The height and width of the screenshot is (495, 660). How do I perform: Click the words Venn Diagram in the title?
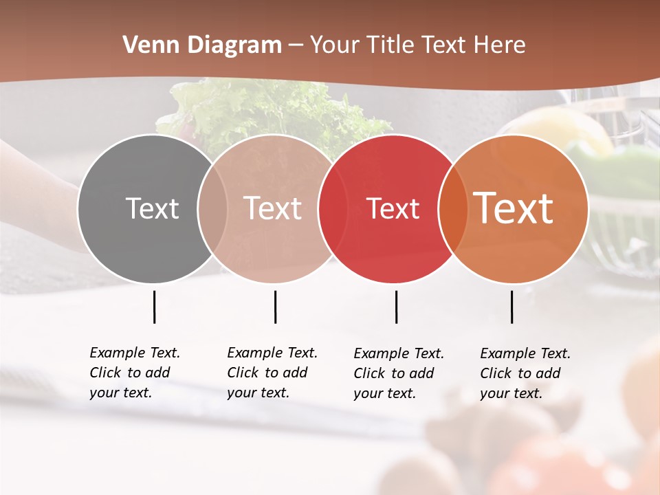click(x=202, y=45)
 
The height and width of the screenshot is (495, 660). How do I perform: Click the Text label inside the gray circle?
click(x=152, y=208)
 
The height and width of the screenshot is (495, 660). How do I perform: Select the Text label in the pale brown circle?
click(x=273, y=208)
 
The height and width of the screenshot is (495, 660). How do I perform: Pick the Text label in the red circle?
click(x=393, y=208)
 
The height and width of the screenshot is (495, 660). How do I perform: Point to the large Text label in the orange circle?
click(x=514, y=208)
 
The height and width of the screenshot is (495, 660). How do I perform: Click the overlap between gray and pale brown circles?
click(x=212, y=208)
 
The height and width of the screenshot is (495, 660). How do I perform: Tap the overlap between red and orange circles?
click(x=453, y=208)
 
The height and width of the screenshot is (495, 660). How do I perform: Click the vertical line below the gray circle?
click(x=154, y=307)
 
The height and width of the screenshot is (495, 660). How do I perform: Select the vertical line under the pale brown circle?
click(x=275, y=307)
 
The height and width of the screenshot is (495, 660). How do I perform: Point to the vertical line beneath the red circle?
click(x=396, y=307)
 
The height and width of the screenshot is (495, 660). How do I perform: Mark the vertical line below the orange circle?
click(x=511, y=307)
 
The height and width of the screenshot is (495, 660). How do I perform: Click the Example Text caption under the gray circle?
click(x=135, y=373)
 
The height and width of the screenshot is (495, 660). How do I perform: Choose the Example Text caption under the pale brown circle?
click(x=272, y=373)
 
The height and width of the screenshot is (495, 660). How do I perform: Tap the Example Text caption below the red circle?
click(x=399, y=373)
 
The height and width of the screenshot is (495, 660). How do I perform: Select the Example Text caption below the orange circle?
click(x=525, y=373)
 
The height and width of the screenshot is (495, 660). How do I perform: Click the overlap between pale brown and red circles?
click(x=333, y=208)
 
